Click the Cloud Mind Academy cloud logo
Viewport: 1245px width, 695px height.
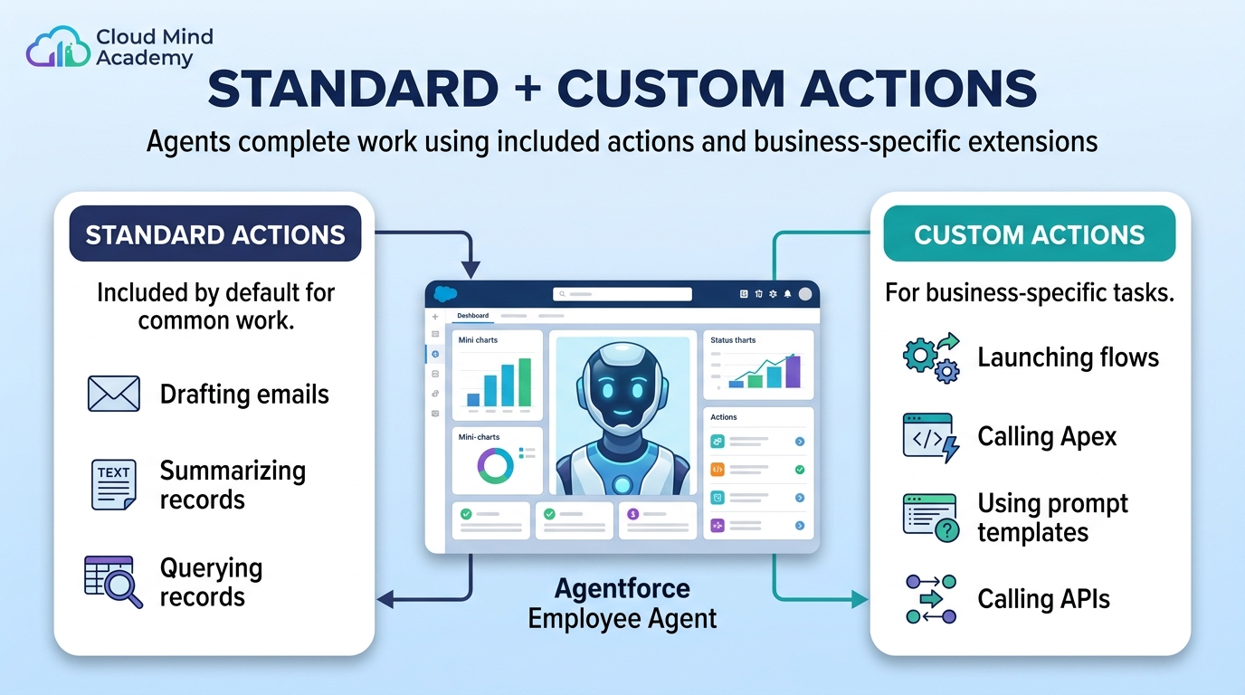click(58, 47)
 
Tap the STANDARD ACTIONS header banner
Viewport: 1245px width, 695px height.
click(215, 233)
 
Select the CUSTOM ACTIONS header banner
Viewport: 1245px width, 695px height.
click(1030, 233)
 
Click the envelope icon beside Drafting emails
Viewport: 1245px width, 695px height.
click(114, 394)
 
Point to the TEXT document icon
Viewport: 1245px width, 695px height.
click(113, 484)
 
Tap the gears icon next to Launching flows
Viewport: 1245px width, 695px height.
click(932, 358)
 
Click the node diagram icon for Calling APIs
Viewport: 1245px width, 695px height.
click(932, 599)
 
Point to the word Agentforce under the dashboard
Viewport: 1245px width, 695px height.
click(622, 588)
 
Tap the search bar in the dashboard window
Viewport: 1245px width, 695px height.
click(622, 294)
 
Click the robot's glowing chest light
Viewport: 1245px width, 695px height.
click(622, 485)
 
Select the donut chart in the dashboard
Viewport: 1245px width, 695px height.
click(495, 466)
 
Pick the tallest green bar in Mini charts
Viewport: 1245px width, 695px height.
click(525, 383)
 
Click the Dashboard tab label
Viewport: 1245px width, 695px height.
click(473, 316)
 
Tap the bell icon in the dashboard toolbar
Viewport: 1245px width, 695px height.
click(787, 294)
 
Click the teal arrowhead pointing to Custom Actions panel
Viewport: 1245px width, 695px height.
click(860, 599)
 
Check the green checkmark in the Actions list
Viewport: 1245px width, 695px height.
click(800, 470)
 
